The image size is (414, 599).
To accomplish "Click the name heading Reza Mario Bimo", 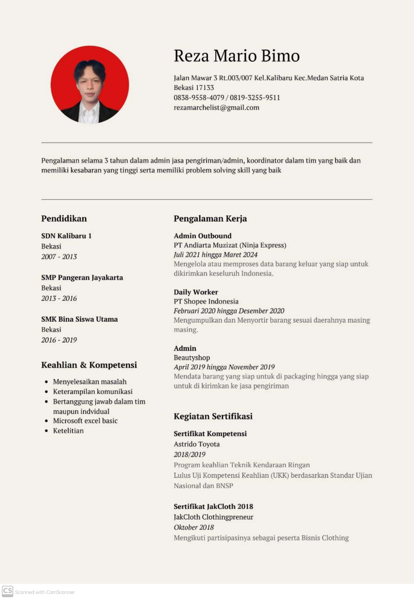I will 236,56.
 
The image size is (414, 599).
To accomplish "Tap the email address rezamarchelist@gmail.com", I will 216,108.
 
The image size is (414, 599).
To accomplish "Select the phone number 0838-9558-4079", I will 199,98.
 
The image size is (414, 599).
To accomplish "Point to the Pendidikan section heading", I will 64,218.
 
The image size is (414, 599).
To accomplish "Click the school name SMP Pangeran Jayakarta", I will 82,277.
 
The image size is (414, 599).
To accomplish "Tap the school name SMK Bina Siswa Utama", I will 79,319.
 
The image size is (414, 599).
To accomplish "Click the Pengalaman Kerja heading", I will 210,218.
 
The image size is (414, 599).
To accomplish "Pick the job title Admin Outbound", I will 202,236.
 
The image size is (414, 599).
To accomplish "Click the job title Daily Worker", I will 196,292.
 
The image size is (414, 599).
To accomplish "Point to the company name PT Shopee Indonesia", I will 206,301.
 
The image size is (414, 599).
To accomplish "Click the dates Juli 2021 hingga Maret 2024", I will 215,255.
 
